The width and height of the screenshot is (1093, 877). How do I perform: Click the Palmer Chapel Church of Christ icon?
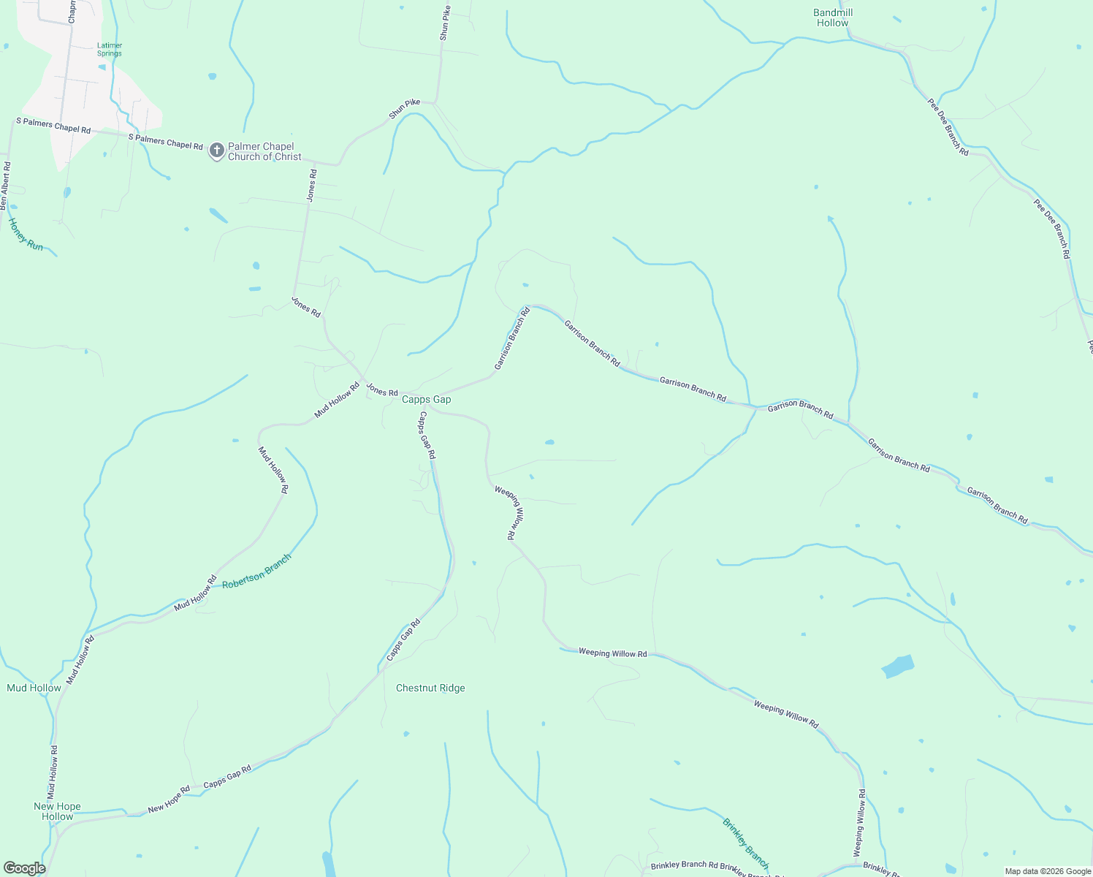216,151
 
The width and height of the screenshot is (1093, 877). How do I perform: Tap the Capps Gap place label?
427,400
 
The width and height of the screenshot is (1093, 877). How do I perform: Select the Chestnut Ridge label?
430,688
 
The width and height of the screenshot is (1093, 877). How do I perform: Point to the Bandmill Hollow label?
833,18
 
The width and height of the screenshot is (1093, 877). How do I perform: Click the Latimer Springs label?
110,49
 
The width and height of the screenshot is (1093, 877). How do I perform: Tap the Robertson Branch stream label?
256,572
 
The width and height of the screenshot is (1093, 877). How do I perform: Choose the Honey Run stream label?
26,235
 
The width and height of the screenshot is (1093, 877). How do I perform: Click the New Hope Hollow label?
57,811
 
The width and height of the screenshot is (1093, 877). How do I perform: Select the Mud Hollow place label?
34,688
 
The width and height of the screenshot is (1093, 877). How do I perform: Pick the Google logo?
24,868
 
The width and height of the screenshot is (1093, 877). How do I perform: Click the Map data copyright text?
1047,871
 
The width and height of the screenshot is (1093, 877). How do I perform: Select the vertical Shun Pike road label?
444,23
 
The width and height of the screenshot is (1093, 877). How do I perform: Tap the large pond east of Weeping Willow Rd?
898,667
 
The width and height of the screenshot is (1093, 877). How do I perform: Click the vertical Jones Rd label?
312,186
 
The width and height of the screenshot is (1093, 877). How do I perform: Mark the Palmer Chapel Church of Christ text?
264,151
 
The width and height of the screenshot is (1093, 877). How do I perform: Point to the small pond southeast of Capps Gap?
549,442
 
